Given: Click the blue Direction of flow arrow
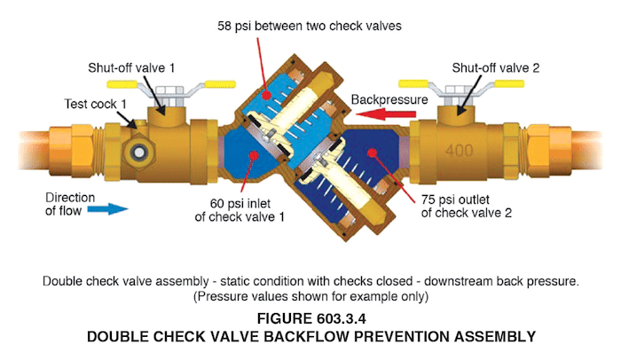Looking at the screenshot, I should [x=109, y=209].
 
